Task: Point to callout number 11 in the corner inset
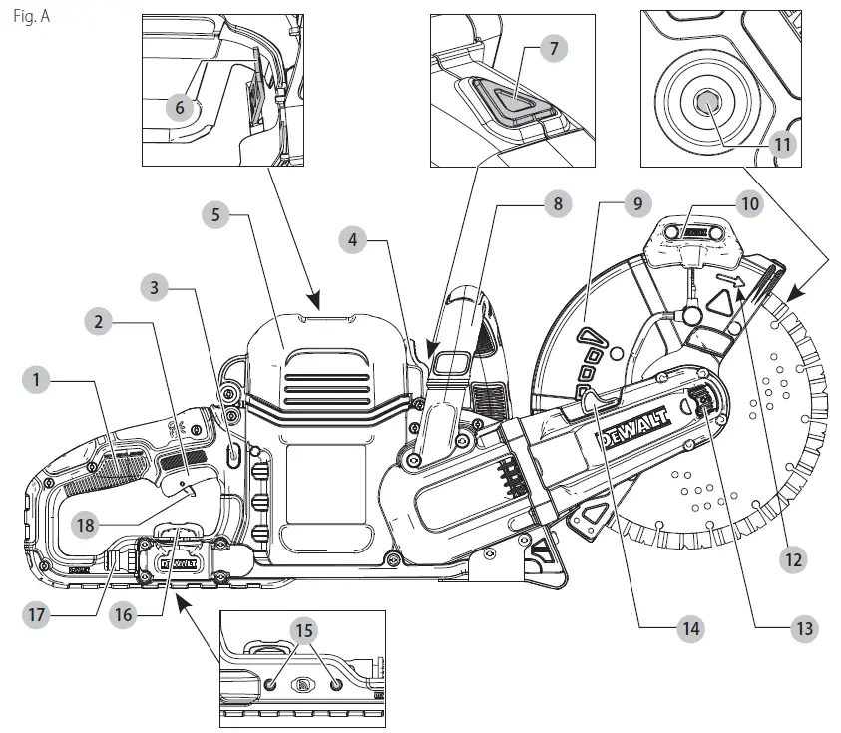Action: (783, 145)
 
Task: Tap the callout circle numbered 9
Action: (634, 203)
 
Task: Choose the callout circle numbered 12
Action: (794, 559)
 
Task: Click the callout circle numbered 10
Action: (750, 203)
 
